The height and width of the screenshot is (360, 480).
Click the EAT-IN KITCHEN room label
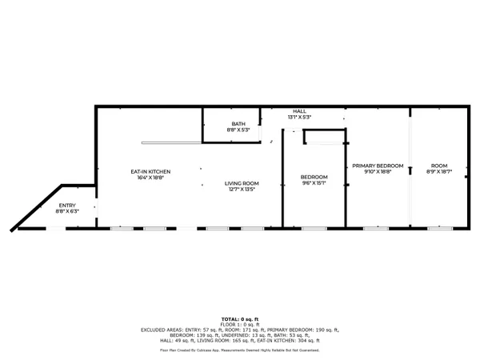tap(151, 171)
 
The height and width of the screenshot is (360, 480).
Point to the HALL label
tap(299, 112)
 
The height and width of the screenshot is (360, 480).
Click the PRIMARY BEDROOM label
tap(378, 165)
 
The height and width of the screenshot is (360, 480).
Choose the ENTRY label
tap(67, 206)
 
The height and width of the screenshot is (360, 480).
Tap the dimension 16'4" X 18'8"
tap(151, 178)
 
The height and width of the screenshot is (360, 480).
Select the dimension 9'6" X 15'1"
tap(314, 182)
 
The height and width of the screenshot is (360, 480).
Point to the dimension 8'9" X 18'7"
tap(438, 171)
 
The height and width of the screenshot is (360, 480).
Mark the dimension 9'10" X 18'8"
tap(378, 171)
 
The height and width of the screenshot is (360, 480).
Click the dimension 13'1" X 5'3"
tap(299, 118)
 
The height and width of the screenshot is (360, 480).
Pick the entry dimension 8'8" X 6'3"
tap(67, 211)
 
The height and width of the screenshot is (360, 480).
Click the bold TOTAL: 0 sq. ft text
tap(240, 318)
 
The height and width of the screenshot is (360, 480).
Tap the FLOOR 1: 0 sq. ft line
tap(240, 323)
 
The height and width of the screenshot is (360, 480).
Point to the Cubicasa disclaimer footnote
tap(240, 350)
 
